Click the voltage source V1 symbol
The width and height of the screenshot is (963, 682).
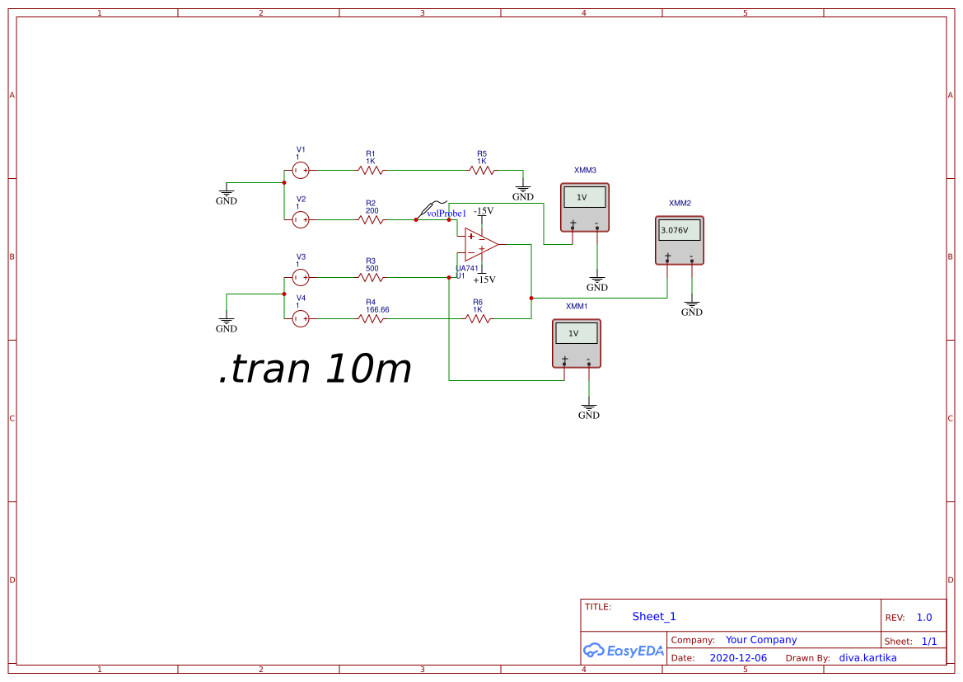click(x=301, y=171)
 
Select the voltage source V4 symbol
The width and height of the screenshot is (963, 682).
click(x=301, y=318)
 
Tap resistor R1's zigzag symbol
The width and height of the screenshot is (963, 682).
click(x=371, y=171)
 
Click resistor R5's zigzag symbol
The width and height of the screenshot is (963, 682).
click(x=482, y=171)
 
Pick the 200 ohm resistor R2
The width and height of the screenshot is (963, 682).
click(x=371, y=220)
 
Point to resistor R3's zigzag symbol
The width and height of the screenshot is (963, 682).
click(x=371, y=278)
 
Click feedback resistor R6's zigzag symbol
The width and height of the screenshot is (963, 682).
click(x=478, y=318)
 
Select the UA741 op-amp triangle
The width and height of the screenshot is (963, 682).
click(x=480, y=245)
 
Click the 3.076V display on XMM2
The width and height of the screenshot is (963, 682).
click(x=680, y=231)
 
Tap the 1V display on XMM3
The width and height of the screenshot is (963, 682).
click(x=584, y=197)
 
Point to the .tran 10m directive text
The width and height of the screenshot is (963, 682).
click(x=315, y=370)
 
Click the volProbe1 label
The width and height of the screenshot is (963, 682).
click(x=446, y=214)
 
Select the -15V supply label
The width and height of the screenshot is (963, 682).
click(x=484, y=211)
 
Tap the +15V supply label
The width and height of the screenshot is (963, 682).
click(x=484, y=279)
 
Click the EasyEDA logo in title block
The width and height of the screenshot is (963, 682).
click(x=624, y=650)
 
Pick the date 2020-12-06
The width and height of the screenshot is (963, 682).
click(x=738, y=658)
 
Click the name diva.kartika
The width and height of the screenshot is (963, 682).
click(x=867, y=658)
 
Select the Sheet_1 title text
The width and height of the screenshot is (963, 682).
click(x=654, y=617)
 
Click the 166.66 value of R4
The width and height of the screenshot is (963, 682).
click(x=377, y=310)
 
